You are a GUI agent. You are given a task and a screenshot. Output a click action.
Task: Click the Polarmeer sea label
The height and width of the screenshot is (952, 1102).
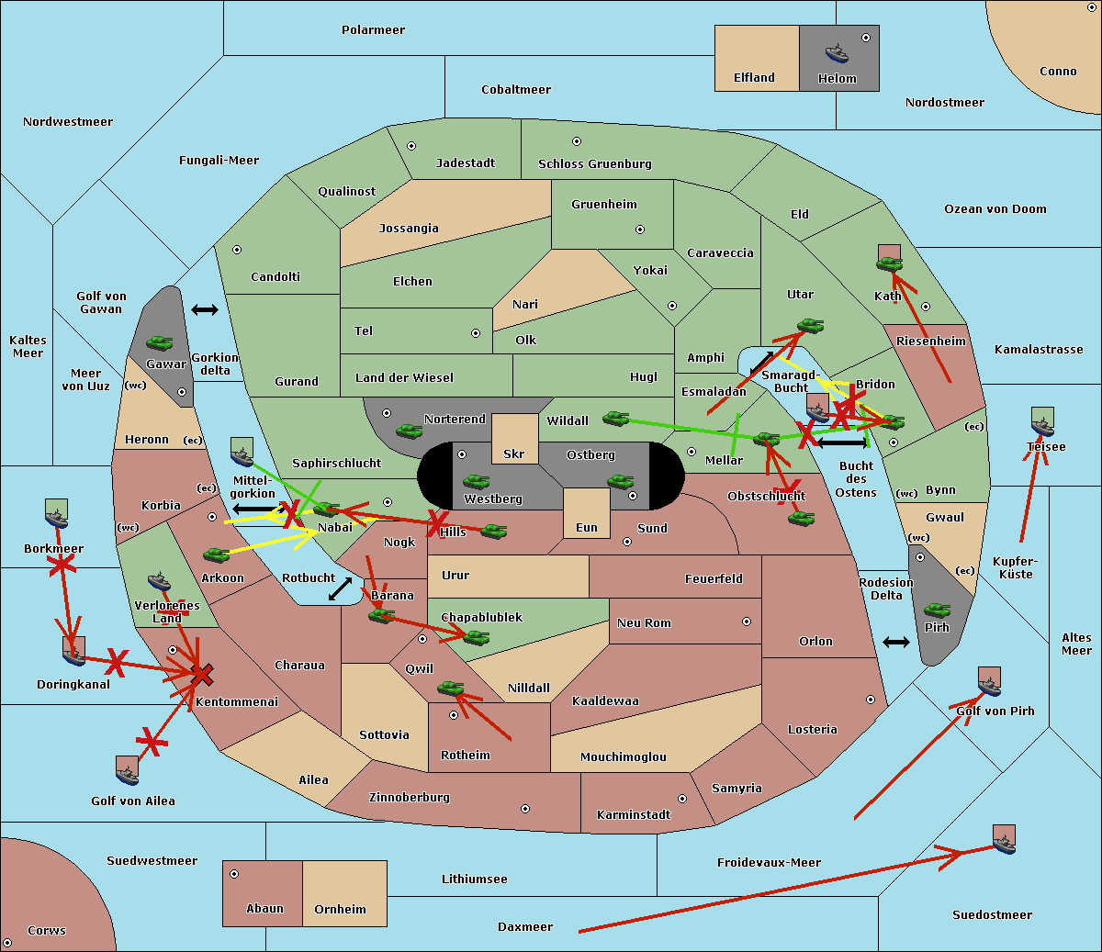tap(373, 30)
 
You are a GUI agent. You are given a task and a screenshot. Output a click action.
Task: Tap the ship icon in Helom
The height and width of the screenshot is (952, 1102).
tap(837, 52)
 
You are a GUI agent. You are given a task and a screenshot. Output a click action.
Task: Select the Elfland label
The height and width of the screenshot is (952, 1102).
tap(754, 78)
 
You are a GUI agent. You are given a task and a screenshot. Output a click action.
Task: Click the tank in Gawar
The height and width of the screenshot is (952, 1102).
tap(160, 343)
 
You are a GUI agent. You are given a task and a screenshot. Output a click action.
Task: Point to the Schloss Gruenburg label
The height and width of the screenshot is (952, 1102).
tap(594, 164)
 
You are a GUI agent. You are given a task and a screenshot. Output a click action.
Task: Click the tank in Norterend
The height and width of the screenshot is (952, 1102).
tap(409, 430)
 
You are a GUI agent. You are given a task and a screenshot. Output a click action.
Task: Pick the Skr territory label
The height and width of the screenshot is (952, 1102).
tap(513, 454)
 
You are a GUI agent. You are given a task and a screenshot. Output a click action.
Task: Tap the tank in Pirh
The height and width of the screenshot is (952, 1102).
tap(937, 610)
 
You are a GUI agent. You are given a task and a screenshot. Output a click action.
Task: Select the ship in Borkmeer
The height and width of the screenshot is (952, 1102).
tap(57, 517)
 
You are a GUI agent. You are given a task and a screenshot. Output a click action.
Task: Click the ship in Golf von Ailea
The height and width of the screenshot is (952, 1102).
tap(128, 773)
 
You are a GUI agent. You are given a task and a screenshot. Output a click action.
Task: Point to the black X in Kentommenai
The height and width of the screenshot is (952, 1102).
tap(203, 676)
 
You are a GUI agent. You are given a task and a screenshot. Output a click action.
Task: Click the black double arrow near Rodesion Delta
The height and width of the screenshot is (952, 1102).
tap(896, 642)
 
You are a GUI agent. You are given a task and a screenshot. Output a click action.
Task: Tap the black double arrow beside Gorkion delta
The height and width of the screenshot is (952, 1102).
tap(205, 310)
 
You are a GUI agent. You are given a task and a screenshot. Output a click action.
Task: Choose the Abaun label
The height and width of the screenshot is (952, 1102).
tap(264, 909)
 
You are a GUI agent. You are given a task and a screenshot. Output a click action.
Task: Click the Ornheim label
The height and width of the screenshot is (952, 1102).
tap(340, 910)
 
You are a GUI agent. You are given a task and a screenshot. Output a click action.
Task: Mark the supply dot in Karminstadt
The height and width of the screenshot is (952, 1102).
tap(682, 799)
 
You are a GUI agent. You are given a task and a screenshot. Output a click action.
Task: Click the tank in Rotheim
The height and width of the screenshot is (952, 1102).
tap(450, 688)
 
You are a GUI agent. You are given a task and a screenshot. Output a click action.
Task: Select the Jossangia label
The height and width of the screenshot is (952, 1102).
tap(409, 229)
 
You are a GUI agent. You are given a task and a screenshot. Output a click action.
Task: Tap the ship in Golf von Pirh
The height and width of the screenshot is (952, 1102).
tap(989, 684)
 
